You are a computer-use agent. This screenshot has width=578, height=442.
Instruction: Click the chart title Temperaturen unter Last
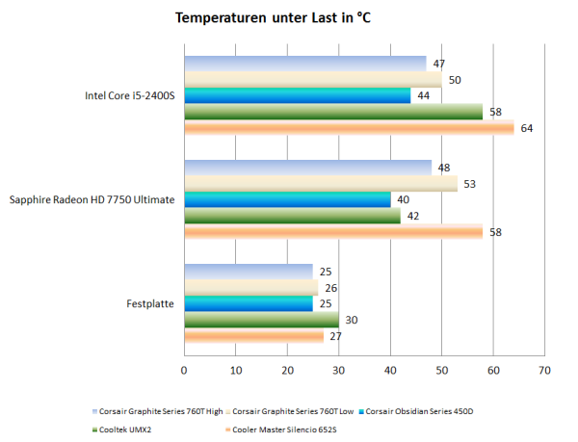click(274, 18)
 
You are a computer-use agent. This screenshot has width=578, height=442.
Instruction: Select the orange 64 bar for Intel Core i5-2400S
click(349, 128)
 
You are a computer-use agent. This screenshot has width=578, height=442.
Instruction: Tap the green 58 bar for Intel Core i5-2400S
click(333, 112)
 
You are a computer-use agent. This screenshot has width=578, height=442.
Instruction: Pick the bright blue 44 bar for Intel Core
click(297, 95)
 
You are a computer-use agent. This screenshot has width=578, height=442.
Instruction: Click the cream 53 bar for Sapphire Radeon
click(320, 184)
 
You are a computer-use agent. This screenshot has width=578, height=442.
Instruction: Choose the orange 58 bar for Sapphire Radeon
click(333, 232)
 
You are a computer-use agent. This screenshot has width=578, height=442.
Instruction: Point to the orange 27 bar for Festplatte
click(253, 337)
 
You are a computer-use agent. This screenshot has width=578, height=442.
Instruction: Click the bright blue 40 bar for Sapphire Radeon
click(287, 199)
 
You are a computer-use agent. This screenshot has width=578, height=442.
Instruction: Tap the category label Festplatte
click(150, 304)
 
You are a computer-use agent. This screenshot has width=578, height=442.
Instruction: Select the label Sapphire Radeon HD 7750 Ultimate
click(92, 200)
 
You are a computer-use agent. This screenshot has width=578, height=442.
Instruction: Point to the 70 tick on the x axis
click(544, 370)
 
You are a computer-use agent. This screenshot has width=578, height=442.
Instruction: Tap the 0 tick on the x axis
click(184, 370)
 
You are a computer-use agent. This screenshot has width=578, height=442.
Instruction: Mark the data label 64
click(527, 128)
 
